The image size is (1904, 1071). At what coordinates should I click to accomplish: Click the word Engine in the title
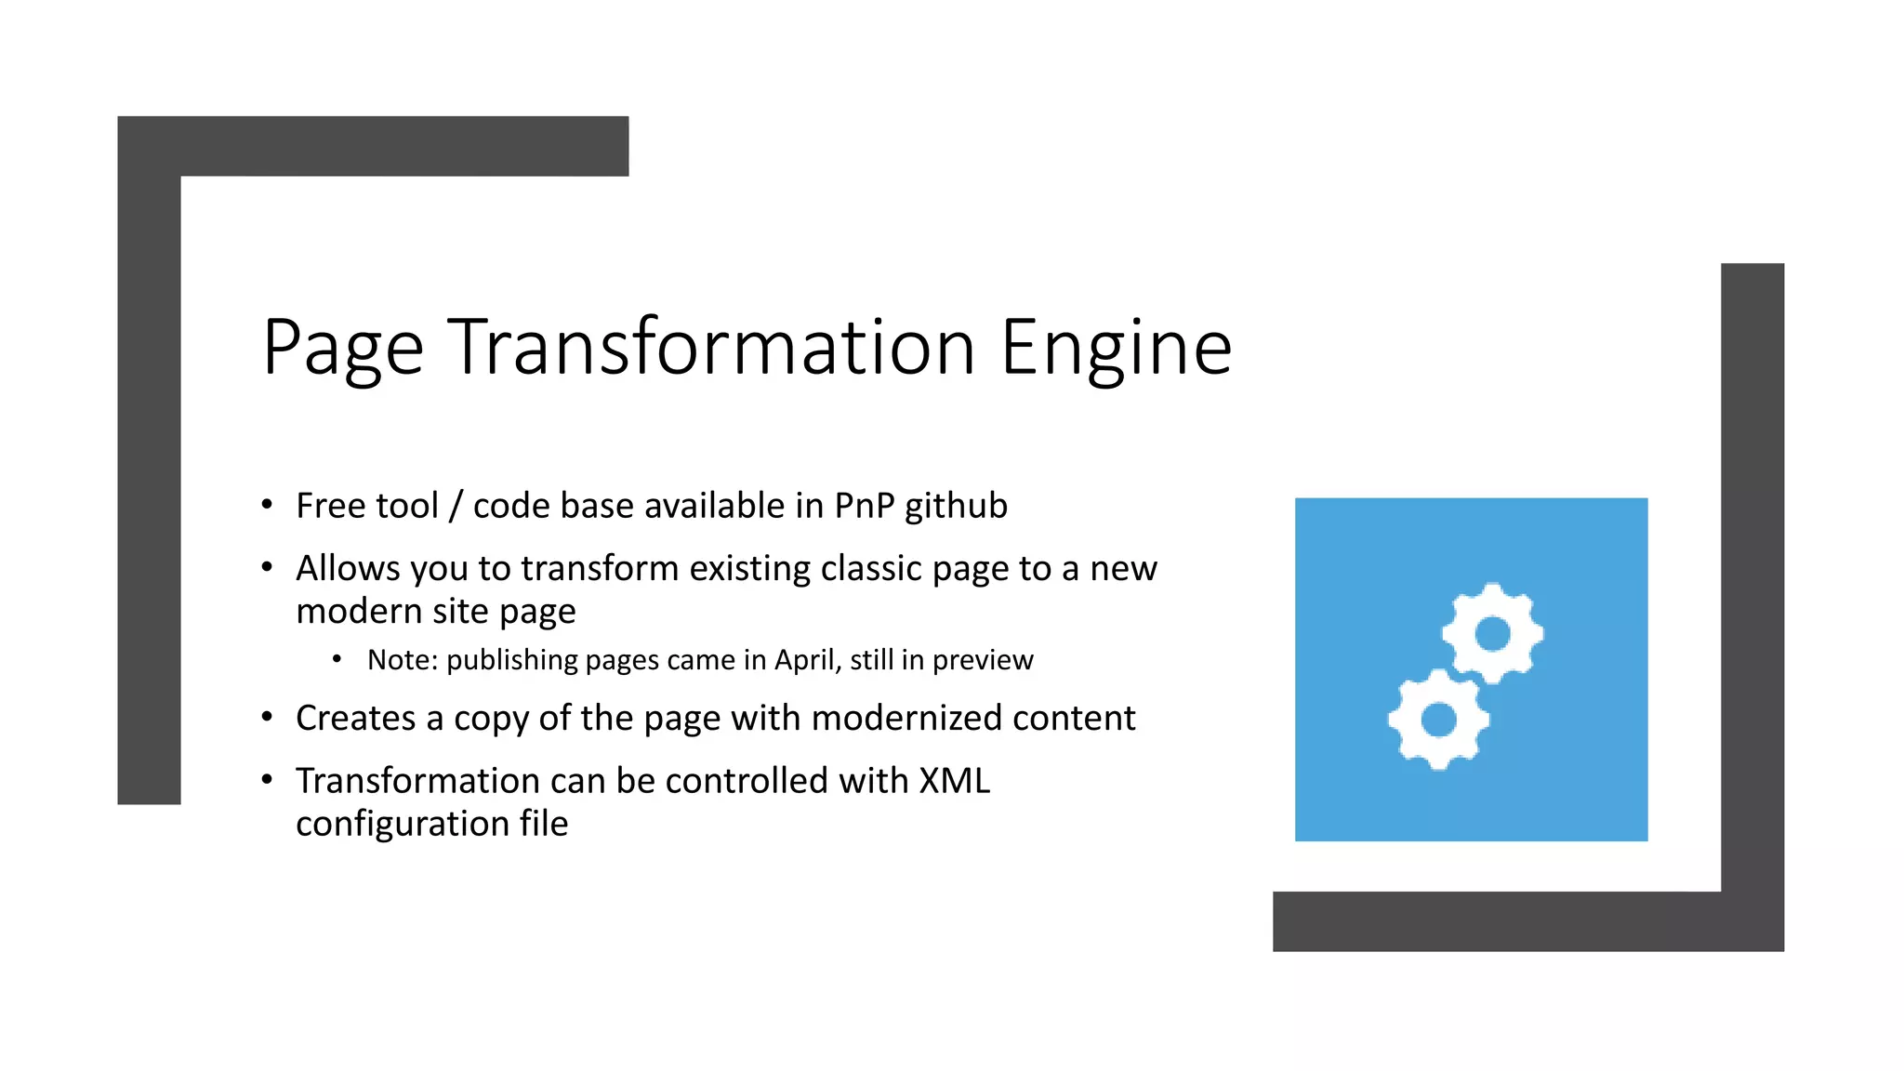click(x=1116, y=348)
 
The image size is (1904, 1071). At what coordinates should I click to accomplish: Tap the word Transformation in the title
click(x=711, y=348)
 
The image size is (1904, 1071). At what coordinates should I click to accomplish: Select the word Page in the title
click(x=343, y=348)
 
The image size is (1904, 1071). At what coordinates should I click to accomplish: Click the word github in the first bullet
click(x=956, y=506)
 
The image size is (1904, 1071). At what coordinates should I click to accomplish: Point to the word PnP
click(x=865, y=506)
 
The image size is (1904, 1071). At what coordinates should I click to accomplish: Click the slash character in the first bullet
click(x=456, y=506)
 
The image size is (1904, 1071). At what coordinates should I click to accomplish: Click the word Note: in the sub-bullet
click(x=402, y=660)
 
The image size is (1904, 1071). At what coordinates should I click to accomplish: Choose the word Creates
click(x=355, y=718)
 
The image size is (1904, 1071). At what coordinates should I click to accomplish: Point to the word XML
click(x=954, y=781)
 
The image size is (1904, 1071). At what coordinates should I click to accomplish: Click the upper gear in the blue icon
click(x=1492, y=634)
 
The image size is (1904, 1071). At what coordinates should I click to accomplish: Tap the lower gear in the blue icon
click(x=1438, y=719)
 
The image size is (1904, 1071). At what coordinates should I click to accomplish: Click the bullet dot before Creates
click(x=267, y=717)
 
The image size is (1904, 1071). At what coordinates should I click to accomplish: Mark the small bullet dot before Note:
click(x=337, y=659)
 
